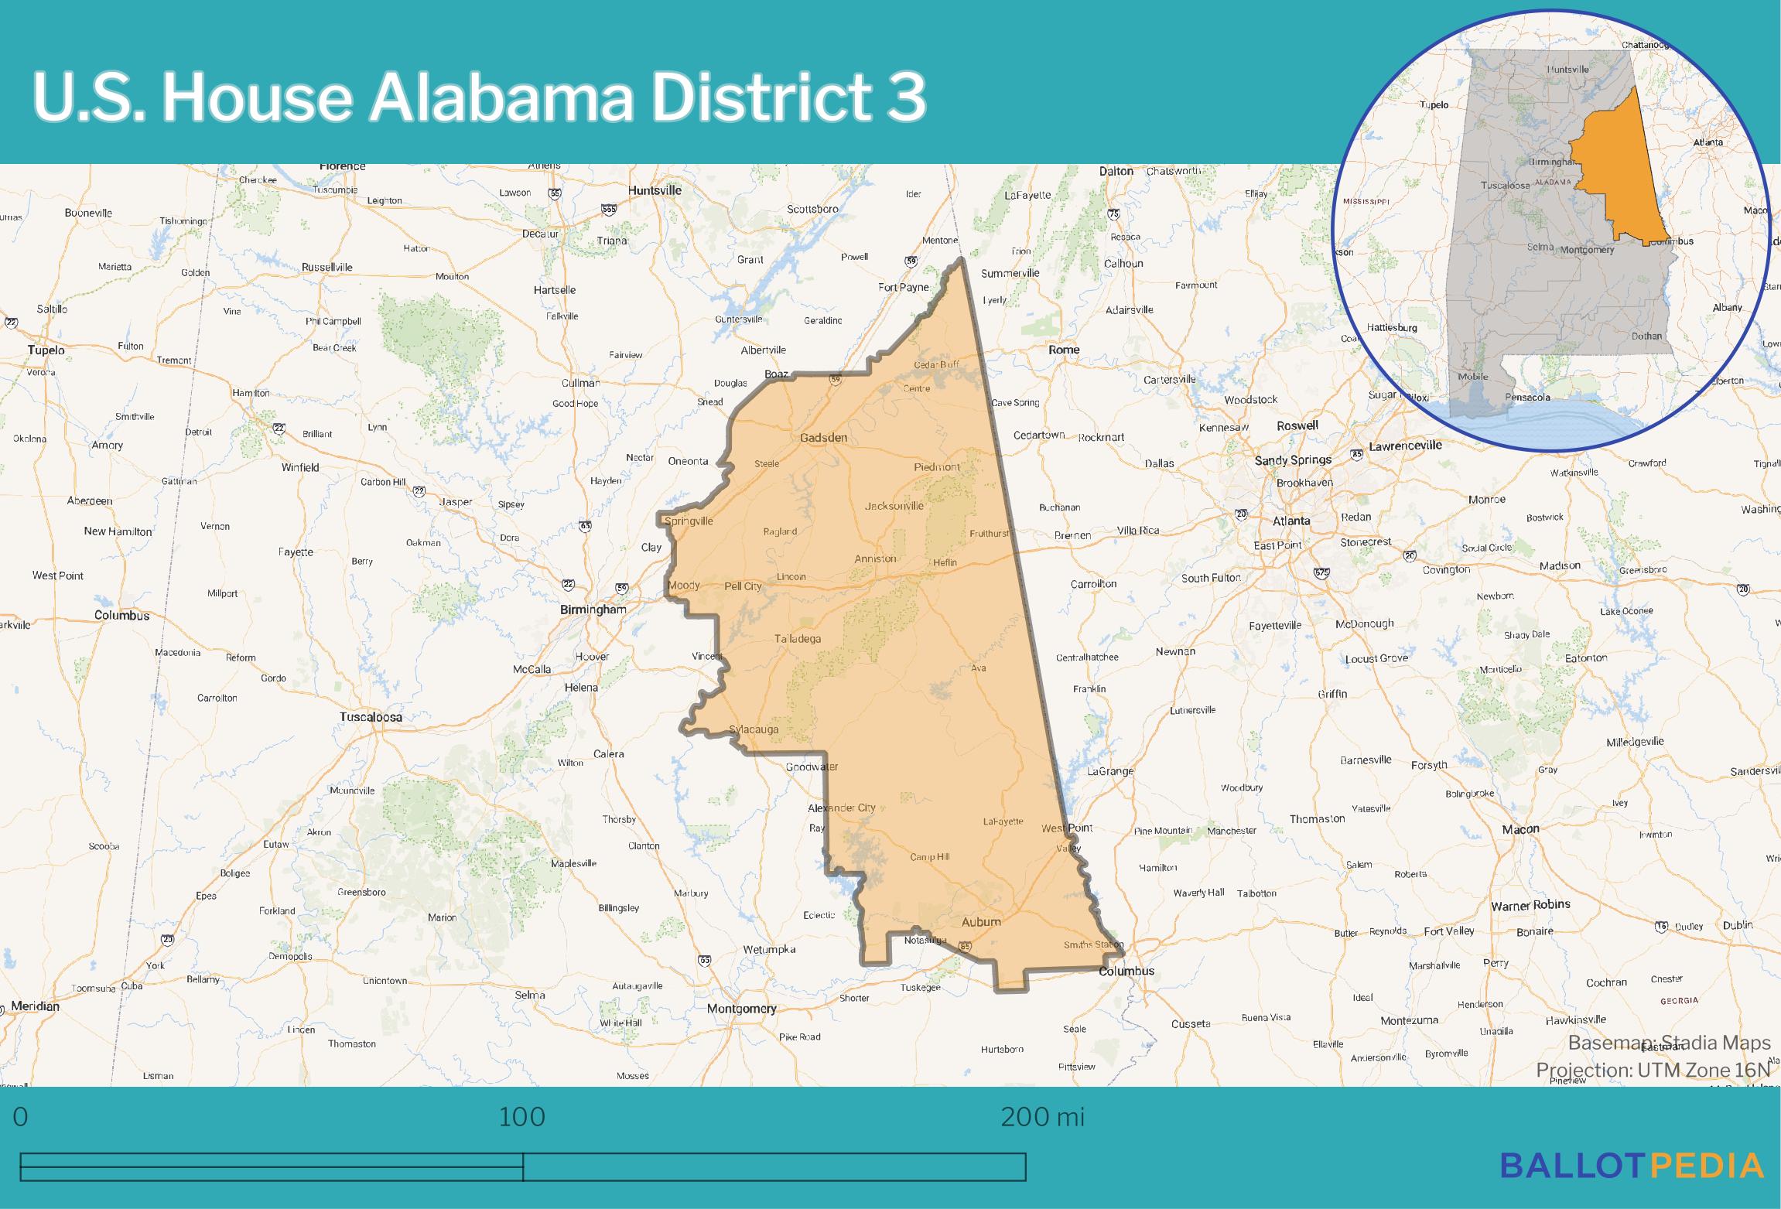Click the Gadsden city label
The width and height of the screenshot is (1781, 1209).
(x=823, y=438)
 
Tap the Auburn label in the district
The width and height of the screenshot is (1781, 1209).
(x=981, y=921)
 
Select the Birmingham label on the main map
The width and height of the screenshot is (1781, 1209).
(x=593, y=610)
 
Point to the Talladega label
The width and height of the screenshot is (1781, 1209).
(x=798, y=639)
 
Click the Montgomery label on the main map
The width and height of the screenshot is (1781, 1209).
(x=741, y=1009)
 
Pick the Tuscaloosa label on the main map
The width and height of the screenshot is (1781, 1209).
(x=371, y=717)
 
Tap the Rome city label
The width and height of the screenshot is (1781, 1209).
(x=1064, y=350)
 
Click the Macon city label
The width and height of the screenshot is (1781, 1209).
(x=1520, y=829)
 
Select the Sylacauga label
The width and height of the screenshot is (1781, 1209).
(x=754, y=729)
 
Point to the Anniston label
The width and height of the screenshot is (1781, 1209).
(x=875, y=558)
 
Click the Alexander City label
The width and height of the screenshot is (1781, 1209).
(x=842, y=808)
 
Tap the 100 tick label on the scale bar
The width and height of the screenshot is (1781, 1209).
(x=522, y=1117)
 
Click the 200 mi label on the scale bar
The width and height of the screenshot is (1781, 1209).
(x=1042, y=1117)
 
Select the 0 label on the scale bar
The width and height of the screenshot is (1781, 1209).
(x=21, y=1117)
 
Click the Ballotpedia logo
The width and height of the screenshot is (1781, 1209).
(x=1632, y=1166)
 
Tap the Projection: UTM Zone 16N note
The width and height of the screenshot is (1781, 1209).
(x=1653, y=1070)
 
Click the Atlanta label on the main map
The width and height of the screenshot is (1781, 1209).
(x=1291, y=521)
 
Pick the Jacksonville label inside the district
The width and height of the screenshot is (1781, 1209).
(x=894, y=506)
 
